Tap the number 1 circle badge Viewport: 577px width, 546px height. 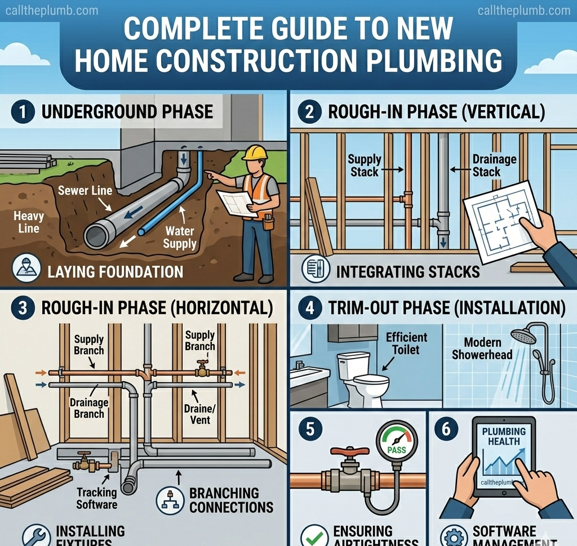[23, 111]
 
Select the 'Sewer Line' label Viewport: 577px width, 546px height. [85, 190]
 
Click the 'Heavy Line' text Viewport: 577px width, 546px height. [28, 222]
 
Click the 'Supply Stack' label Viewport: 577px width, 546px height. [365, 165]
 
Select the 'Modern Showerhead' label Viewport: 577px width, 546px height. [482, 348]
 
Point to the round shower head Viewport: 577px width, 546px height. [523, 337]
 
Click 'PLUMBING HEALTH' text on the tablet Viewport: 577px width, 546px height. [504, 436]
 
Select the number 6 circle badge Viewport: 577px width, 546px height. [446, 429]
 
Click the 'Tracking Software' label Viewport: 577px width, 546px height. [96, 498]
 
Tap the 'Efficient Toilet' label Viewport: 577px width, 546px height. [406, 343]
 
